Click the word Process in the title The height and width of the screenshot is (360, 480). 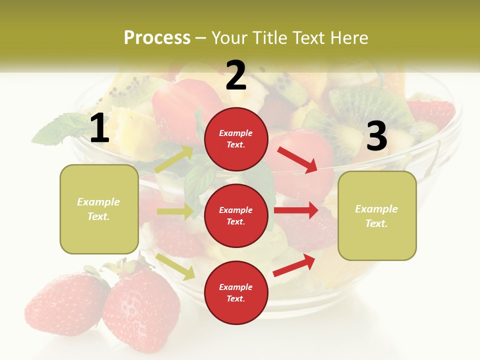point(157,38)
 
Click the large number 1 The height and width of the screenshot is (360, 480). point(99,128)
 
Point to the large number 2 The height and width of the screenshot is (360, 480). point(236,75)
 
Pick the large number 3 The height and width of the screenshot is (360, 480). point(376,136)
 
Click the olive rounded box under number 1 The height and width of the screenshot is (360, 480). point(99,209)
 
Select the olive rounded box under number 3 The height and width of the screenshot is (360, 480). point(377,215)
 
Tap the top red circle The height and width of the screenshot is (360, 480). point(236,139)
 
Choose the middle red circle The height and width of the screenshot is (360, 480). point(236,215)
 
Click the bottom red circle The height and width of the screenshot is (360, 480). point(236,292)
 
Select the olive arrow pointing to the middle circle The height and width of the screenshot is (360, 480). point(175,211)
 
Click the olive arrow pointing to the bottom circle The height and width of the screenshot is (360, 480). point(175,266)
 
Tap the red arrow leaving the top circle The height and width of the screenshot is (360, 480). point(298,159)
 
